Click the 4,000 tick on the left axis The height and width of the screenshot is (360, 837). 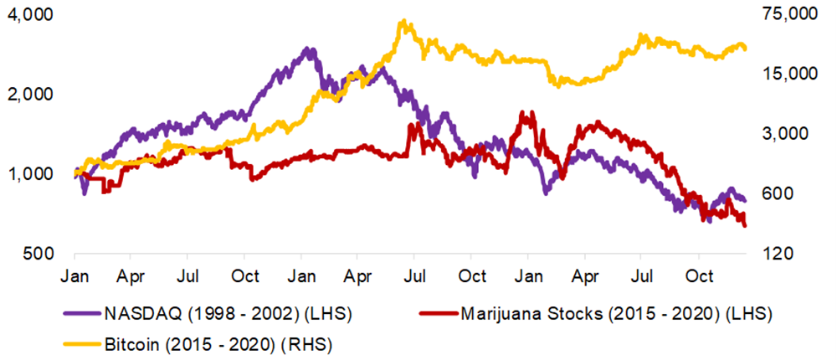coord(28,15)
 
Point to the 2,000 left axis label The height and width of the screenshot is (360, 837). coord(28,94)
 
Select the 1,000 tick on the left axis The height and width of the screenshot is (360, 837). coord(28,174)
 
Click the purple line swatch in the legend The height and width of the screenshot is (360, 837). coord(83,315)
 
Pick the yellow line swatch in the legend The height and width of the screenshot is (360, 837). coord(83,342)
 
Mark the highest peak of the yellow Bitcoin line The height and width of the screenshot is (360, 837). coord(403,21)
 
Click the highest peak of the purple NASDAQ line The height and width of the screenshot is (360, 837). coord(310,49)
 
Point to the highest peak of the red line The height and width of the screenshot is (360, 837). coord(524,111)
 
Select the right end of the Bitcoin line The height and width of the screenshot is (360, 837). coord(746,49)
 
